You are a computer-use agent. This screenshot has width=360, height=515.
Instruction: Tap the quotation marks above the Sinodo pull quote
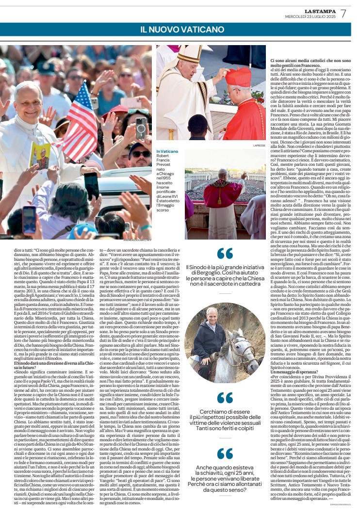coord(225,253)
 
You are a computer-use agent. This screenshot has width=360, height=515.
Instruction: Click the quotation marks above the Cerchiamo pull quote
coord(225,398)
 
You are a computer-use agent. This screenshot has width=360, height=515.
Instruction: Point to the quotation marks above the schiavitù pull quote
coord(225,453)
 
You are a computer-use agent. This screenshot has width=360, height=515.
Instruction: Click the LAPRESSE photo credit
coord(260,145)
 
